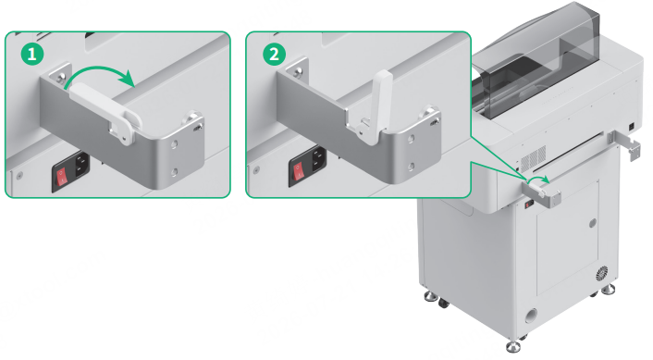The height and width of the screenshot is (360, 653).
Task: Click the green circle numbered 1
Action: [32, 55]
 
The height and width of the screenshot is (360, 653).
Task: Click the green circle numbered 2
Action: [274, 55]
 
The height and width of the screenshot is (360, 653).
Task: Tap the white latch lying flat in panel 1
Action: [106, 110]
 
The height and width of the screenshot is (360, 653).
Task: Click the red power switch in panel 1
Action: [62, 176]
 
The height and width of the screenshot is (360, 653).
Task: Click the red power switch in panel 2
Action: [299, 170]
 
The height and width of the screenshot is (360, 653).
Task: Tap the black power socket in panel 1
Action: [81, 165]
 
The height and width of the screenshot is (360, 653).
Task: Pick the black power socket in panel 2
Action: [318, 159]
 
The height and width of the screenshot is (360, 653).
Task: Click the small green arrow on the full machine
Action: [540, 179]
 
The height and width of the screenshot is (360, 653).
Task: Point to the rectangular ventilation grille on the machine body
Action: [533, 158]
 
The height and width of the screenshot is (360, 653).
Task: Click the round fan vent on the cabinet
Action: [601, 274]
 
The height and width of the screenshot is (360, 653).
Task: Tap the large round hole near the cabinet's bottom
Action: [531, 316]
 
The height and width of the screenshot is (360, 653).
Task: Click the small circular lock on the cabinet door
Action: [593, 223]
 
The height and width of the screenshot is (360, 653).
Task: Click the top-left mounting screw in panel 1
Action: [61, 76]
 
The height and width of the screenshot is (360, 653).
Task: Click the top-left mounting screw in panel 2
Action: [298, 72]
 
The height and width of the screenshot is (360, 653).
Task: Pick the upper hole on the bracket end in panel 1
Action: [175, 144]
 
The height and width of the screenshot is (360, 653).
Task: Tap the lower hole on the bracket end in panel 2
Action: [411, 168]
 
